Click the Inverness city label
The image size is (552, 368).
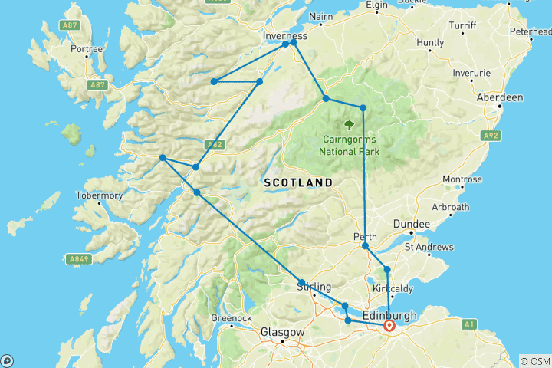click(x=284, y=35)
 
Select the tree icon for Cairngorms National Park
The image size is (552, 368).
click(x=350, y=124)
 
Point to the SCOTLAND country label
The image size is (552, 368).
click(x=297, y=182)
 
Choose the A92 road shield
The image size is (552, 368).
click(x=491, y=136)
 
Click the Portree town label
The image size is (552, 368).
click(x=86, y=49)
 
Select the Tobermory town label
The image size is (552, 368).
click(x=99, y=195)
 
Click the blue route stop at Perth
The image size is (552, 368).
click(x=365, y=246)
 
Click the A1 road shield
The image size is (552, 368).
click(x=468, y=325)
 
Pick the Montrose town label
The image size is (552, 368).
click(x=462, y=179)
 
